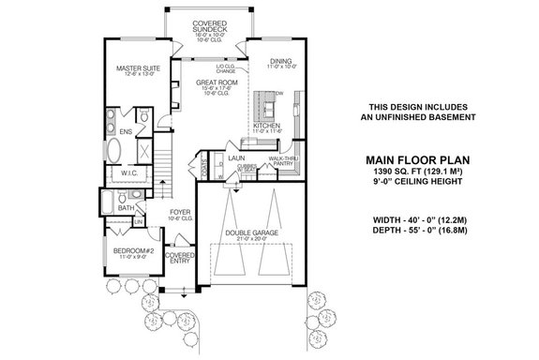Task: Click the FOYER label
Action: click(180, 212)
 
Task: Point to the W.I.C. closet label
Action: click(130, 172)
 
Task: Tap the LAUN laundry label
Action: click(236, 159)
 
